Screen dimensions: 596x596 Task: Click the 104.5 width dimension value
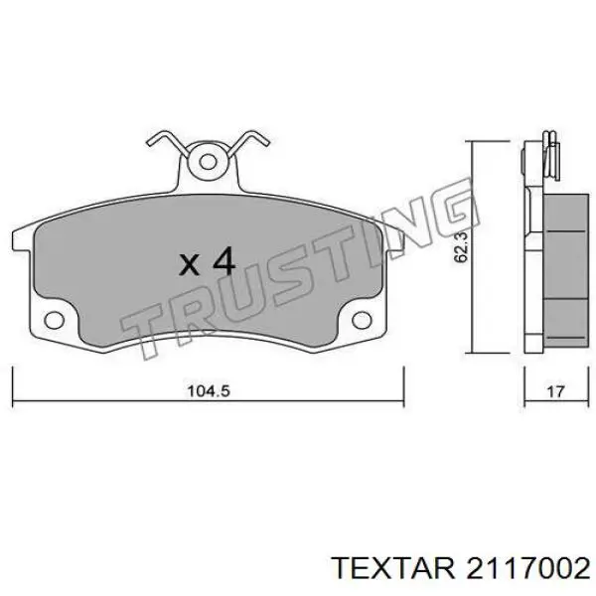click(x=209, y=391)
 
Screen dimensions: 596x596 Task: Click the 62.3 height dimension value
click(x=462, y=246)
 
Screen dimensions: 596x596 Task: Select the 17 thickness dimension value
click(x=555, y=391)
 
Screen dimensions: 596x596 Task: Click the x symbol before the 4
click(x=189, y=264)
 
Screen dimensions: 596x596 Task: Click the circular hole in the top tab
click(x=208, y=162)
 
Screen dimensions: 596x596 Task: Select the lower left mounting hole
click(x=54, y=320)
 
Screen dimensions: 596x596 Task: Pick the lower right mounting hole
click(x=362, y=320)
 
